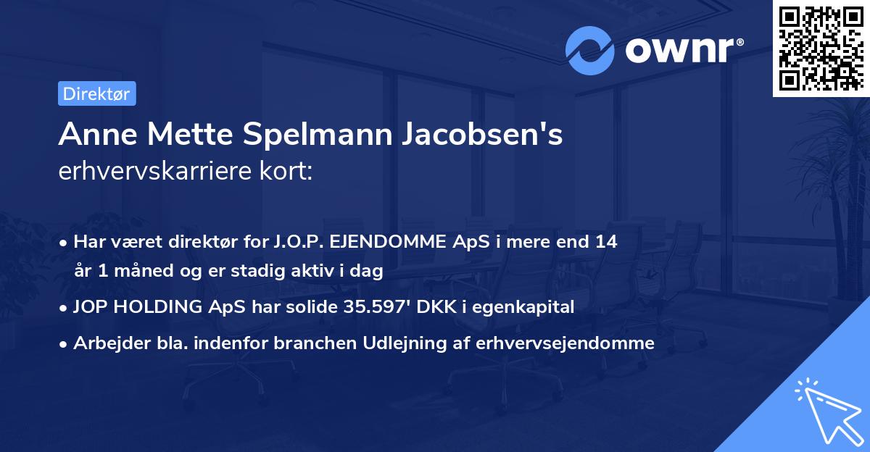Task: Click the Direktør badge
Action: [x=96, y=93]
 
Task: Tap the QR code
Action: [x=821, y=48]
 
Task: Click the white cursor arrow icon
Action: [x=828, y=411]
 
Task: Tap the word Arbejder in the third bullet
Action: [x=104, y=343]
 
